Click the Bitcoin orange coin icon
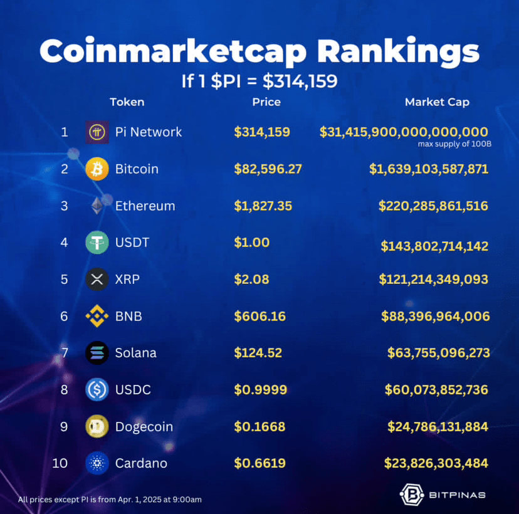97,169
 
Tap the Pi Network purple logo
97,132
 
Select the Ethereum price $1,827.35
263,206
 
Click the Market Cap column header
437,102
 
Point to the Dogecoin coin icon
97,427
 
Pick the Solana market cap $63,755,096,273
439,353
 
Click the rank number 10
60,464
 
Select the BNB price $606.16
259,316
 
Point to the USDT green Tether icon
97,243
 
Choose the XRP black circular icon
97,280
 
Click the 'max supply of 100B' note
454,144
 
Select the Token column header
127,102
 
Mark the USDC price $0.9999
260,390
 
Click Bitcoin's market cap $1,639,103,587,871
429,169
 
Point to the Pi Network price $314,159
262,132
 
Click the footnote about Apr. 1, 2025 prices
110,500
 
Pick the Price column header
266,102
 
